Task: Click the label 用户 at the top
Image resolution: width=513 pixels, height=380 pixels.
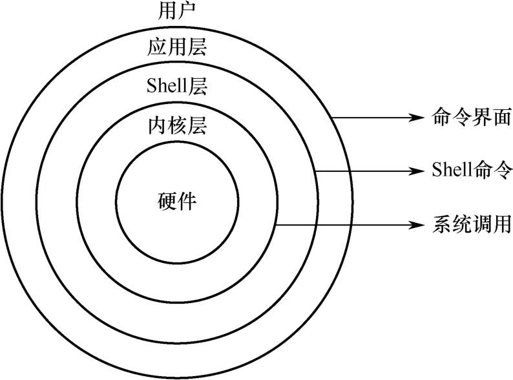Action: tap(176, 11)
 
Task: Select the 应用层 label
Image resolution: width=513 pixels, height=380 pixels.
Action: tap(176, 48)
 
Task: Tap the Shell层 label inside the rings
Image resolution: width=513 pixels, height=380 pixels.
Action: tap(176, 86)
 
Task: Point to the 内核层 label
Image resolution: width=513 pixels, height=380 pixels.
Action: tap(176, 125)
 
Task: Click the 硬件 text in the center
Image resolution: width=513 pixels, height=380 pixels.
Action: tap(176, 200)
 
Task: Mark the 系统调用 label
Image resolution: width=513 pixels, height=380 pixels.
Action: tap(470, 225)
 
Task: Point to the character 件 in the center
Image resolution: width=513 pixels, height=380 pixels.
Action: tap(187, 200)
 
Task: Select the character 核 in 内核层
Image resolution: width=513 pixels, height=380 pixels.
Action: tap(176, 125)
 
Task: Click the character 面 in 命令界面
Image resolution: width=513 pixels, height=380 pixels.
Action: tap(501, 118)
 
